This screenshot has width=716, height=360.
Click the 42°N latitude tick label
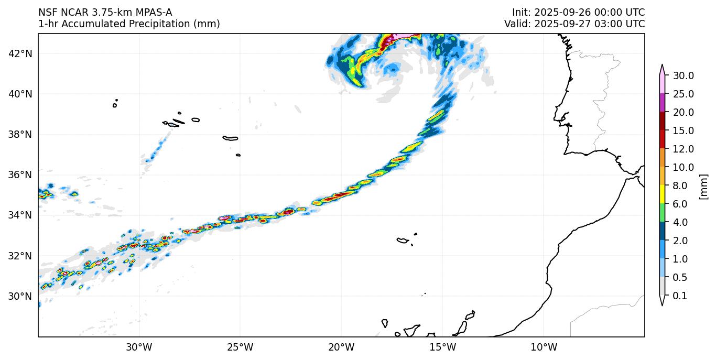[x=21, y=53]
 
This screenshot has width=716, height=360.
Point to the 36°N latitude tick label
[x=21, y=174]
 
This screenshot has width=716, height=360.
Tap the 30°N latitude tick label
[x=21, y=296]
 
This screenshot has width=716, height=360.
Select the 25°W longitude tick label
[x=240, y=347]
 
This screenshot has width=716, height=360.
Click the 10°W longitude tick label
[x=544, y=347]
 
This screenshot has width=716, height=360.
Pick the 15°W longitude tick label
[x=442, y=347]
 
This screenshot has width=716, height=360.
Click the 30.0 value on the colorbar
[x=684, y=75]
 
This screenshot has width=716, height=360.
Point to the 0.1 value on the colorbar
[x=680, y=296]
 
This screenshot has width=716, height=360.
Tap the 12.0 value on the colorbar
[x=684, y=149]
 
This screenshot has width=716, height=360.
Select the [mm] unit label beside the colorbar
[x=703, y=187]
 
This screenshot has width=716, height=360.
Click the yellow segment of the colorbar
[x=662, y=194]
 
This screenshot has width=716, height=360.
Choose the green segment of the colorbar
[x=662, y=213]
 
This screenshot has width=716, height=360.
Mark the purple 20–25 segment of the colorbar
[x=662, y=103]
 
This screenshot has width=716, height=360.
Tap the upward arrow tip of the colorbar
[x=662, y=66]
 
